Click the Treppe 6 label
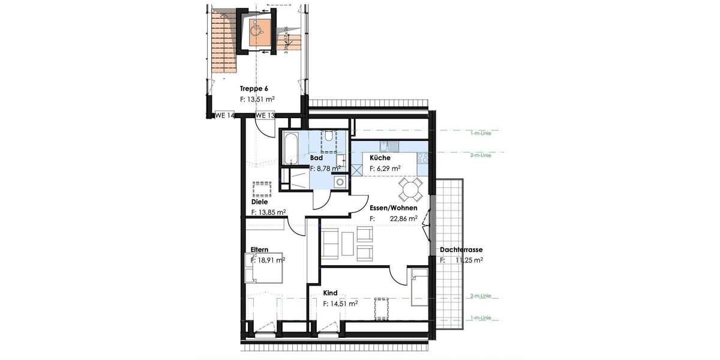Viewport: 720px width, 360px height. click(254, 89)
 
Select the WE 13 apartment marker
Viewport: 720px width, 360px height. click(265, 115)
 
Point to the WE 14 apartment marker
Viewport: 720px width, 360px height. click(224, 115)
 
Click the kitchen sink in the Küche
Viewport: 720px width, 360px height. click(390, 145)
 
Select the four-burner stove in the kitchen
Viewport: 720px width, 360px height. click(422, 158)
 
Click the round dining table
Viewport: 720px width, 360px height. click(411, 191)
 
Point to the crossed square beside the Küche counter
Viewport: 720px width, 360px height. click(356, 169)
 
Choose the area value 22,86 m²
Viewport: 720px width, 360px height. click(404, 219)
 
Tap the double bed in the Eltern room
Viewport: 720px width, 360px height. click(264, 267)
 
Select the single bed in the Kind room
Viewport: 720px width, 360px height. click(419, 287)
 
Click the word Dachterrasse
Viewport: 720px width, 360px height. click(461, 250)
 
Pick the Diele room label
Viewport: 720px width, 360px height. click(259, 202)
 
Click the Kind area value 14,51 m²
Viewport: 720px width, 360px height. click(344, 304)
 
